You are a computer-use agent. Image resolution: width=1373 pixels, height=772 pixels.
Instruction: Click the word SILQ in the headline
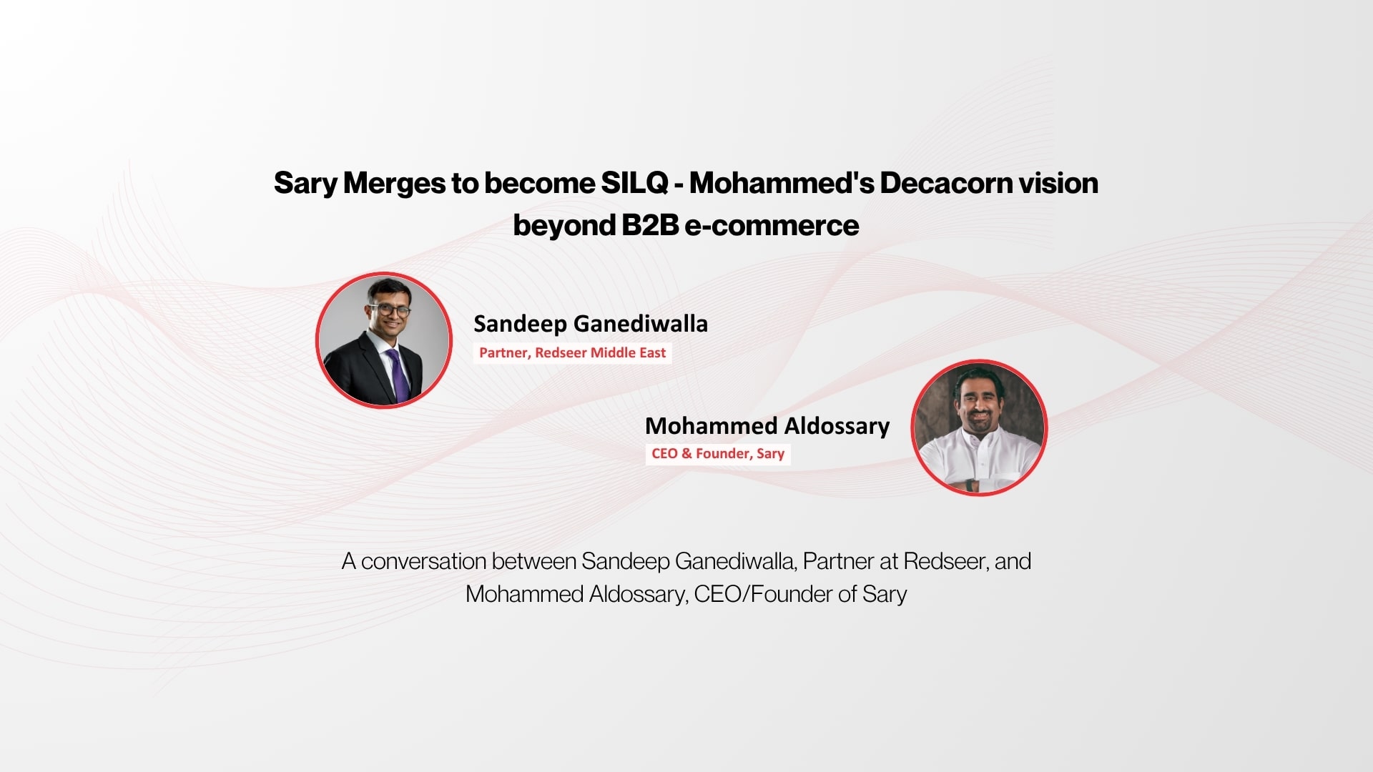(634, 183)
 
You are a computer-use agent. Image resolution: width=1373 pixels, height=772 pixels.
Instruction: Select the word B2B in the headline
(649, 225)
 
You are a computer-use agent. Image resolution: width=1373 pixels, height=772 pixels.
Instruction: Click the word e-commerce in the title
(772, 226)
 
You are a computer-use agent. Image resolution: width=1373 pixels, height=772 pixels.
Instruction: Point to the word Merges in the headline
(394, 184)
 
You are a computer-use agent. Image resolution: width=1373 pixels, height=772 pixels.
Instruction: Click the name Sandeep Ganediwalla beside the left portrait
(591, 324)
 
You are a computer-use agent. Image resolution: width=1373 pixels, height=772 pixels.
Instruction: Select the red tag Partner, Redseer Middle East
(572, 352)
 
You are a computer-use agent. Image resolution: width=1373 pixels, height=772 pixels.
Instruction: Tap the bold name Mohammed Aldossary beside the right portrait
(767, 426)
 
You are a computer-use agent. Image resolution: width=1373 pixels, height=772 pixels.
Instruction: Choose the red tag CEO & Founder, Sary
(718, 454)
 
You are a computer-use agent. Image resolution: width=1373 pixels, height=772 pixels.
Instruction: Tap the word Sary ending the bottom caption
(885, 595)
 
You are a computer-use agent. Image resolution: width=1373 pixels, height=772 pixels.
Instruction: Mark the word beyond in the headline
(564, 226)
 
